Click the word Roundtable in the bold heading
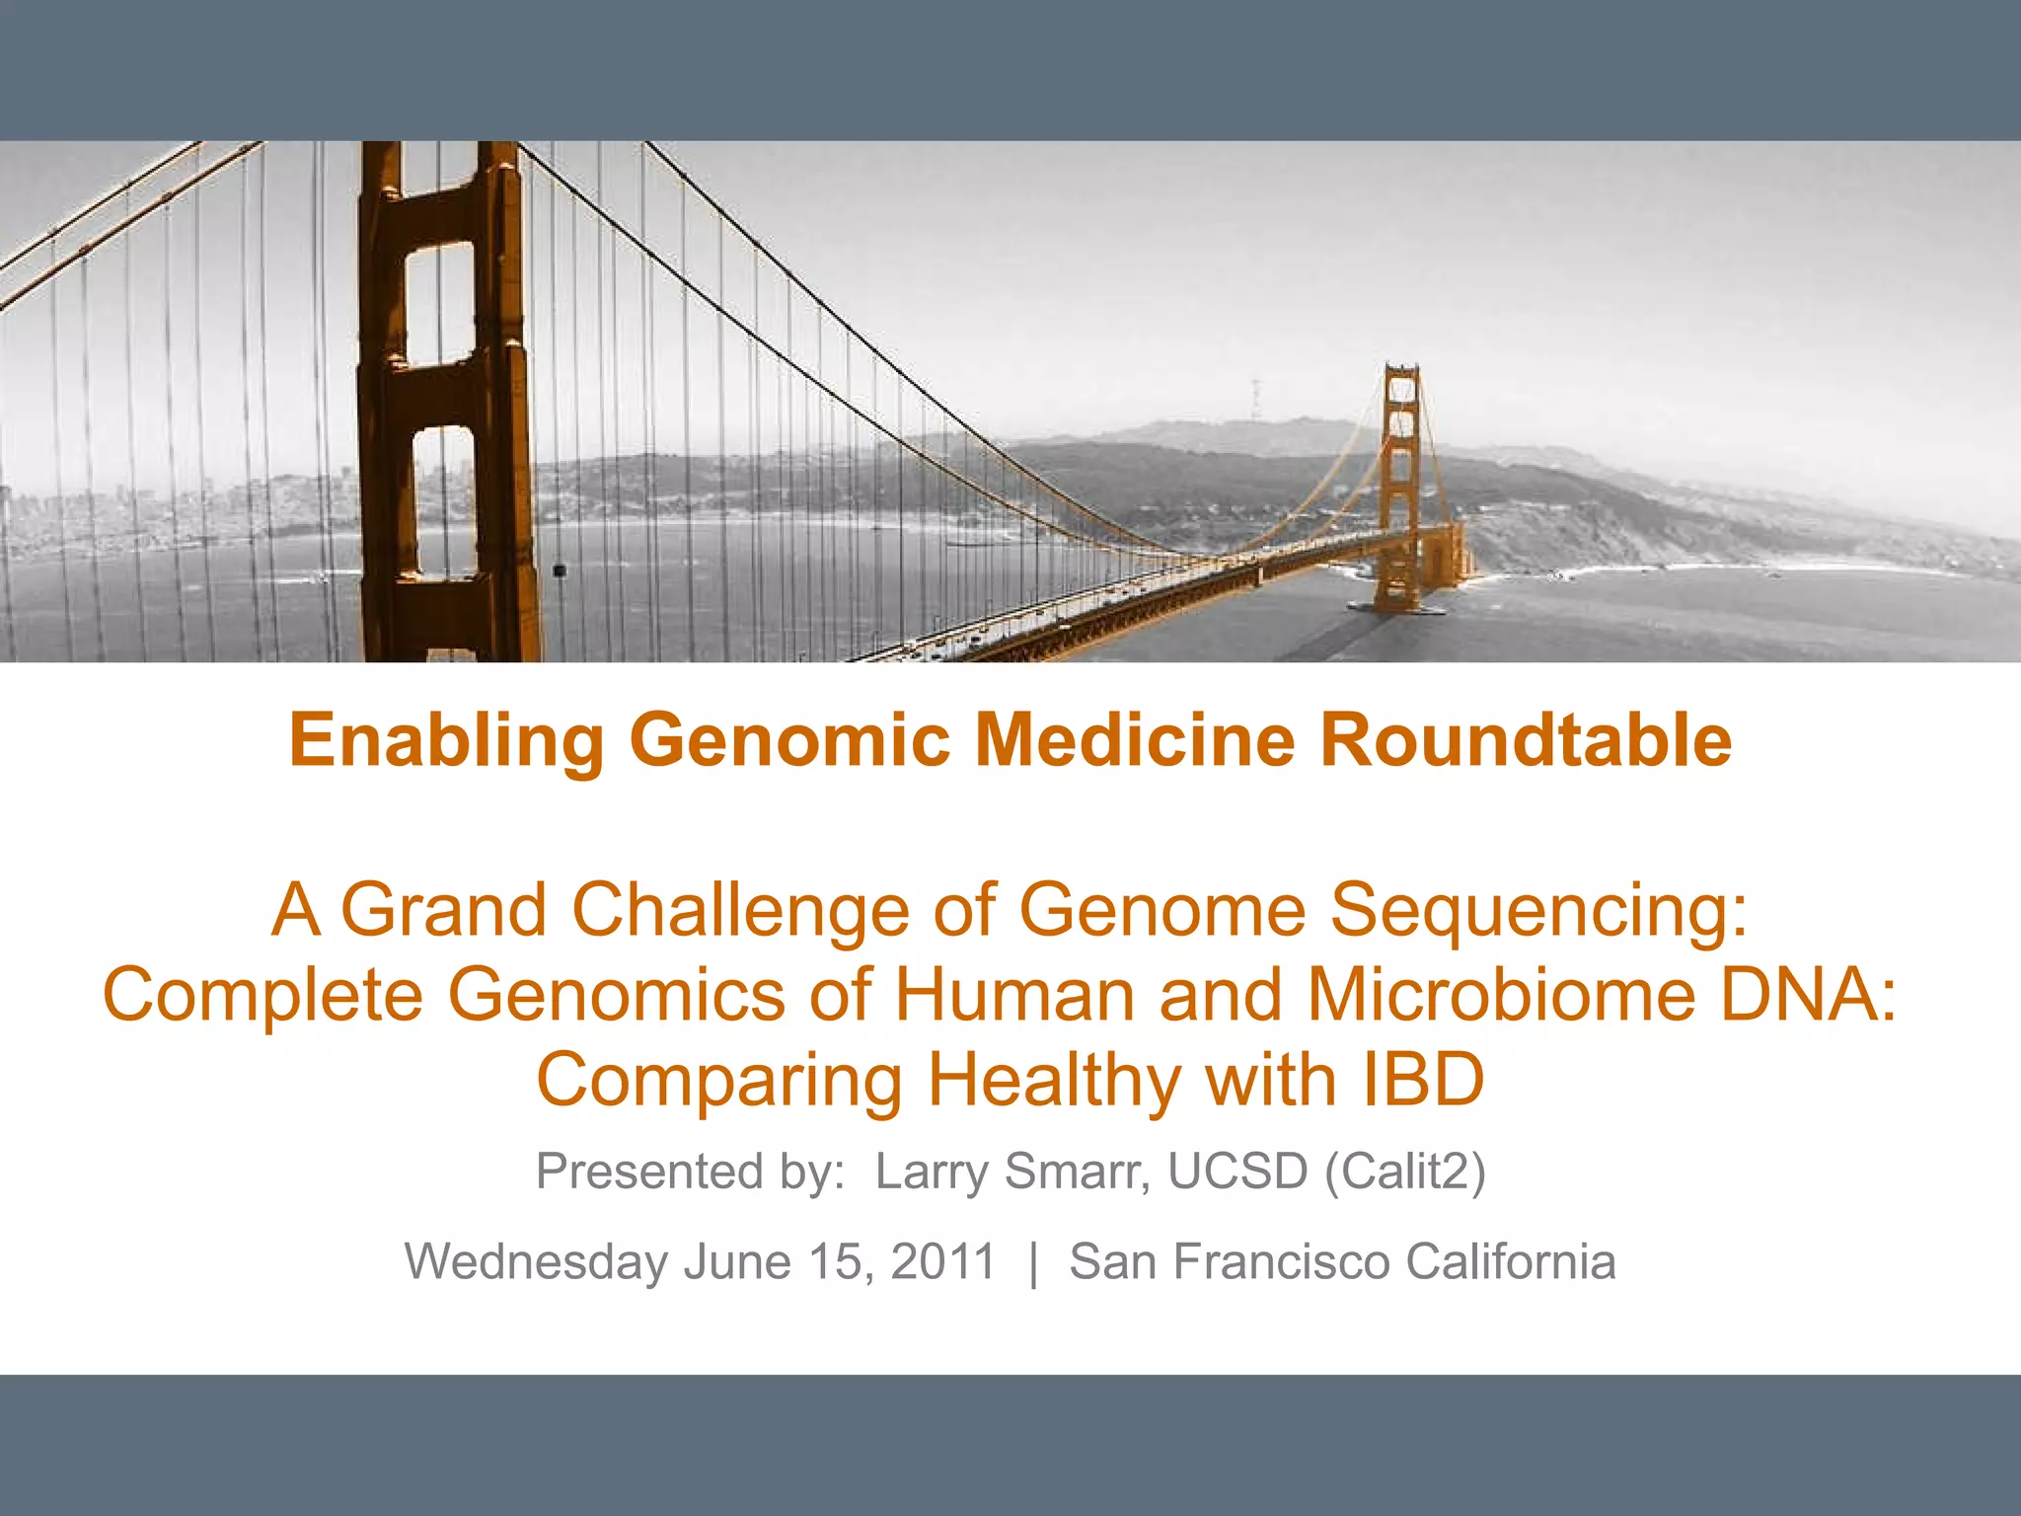tap(1526, 740)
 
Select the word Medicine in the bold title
tap(1134, 740)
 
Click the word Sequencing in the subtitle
tap(1538, 910)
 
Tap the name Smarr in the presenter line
tap(1077, 1172)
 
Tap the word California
tap(1510, 1261)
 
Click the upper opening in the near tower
tap(440, 301)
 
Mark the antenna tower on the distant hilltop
tap(1256, 400)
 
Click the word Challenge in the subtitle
tap(740, 910)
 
